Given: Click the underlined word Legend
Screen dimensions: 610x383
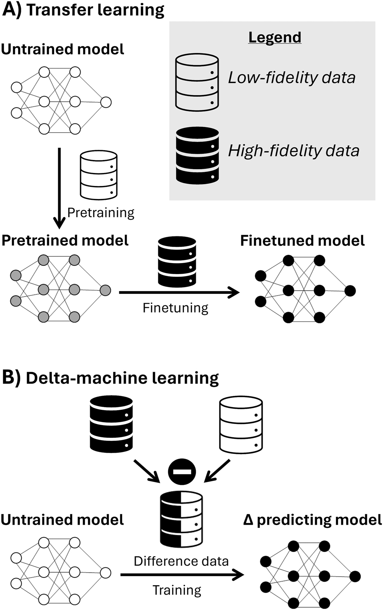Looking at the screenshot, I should (275, 37).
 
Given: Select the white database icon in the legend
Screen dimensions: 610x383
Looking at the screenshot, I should (197, 82).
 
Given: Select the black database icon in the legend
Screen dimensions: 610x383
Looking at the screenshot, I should (197, 156).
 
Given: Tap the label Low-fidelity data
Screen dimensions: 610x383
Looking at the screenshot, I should (292, 77).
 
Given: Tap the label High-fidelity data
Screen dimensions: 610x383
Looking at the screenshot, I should (294, 151).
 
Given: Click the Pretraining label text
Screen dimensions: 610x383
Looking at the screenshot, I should (101, 213).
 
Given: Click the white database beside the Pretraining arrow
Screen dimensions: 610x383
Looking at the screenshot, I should (99, 175).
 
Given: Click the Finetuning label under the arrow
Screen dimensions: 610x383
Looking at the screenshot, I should (175, 308).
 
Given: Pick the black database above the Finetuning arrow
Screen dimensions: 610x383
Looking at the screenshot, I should (177, 262).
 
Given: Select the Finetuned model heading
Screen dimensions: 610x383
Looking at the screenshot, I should (302, 241).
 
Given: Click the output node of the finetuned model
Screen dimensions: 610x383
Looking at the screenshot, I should (350, 291).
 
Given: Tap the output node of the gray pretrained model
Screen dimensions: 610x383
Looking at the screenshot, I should (105, 291).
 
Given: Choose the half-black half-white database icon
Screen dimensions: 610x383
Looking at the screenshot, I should (181, 519).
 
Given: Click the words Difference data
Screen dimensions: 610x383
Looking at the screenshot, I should (181, 561).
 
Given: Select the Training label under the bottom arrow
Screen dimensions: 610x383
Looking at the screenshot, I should (177, 590).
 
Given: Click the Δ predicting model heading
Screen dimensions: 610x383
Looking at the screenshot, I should (313, 520).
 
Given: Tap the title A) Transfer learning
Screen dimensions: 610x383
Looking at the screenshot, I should (83, 10).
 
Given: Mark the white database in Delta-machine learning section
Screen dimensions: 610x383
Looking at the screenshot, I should (241, 425).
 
